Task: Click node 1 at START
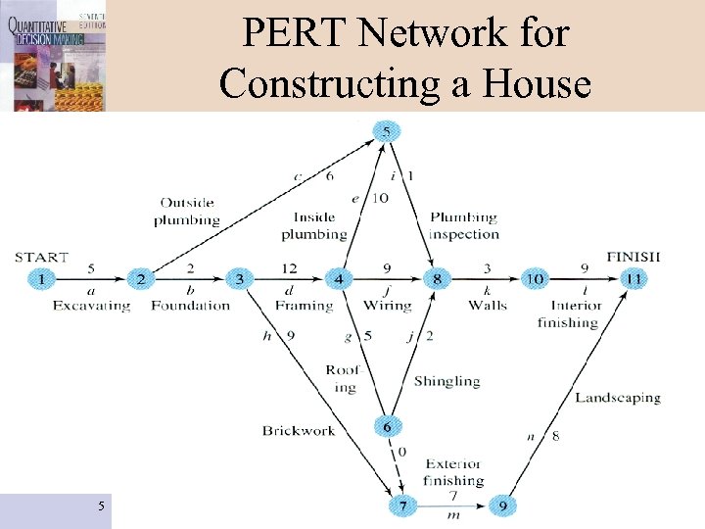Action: coord(42,279)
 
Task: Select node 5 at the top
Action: coord(388,131)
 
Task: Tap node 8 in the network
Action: coord(438,279)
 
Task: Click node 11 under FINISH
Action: coord(634,279)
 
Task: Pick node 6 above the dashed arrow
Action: coord(388,427)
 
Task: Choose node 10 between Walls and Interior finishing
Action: coord(535,279)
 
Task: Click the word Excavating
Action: coord(91,306)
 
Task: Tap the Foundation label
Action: coord(191,306)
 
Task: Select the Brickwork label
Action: coord(299,430)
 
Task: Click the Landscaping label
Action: coord(618,398)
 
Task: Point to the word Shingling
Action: coord(446,380)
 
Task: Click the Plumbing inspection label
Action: coord(463,225)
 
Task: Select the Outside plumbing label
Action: coord(186,212)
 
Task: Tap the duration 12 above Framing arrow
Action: coord(288,267)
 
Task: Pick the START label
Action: coord(42,257)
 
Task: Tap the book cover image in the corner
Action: coord(53,55)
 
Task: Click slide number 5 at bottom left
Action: coord(101,505)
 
